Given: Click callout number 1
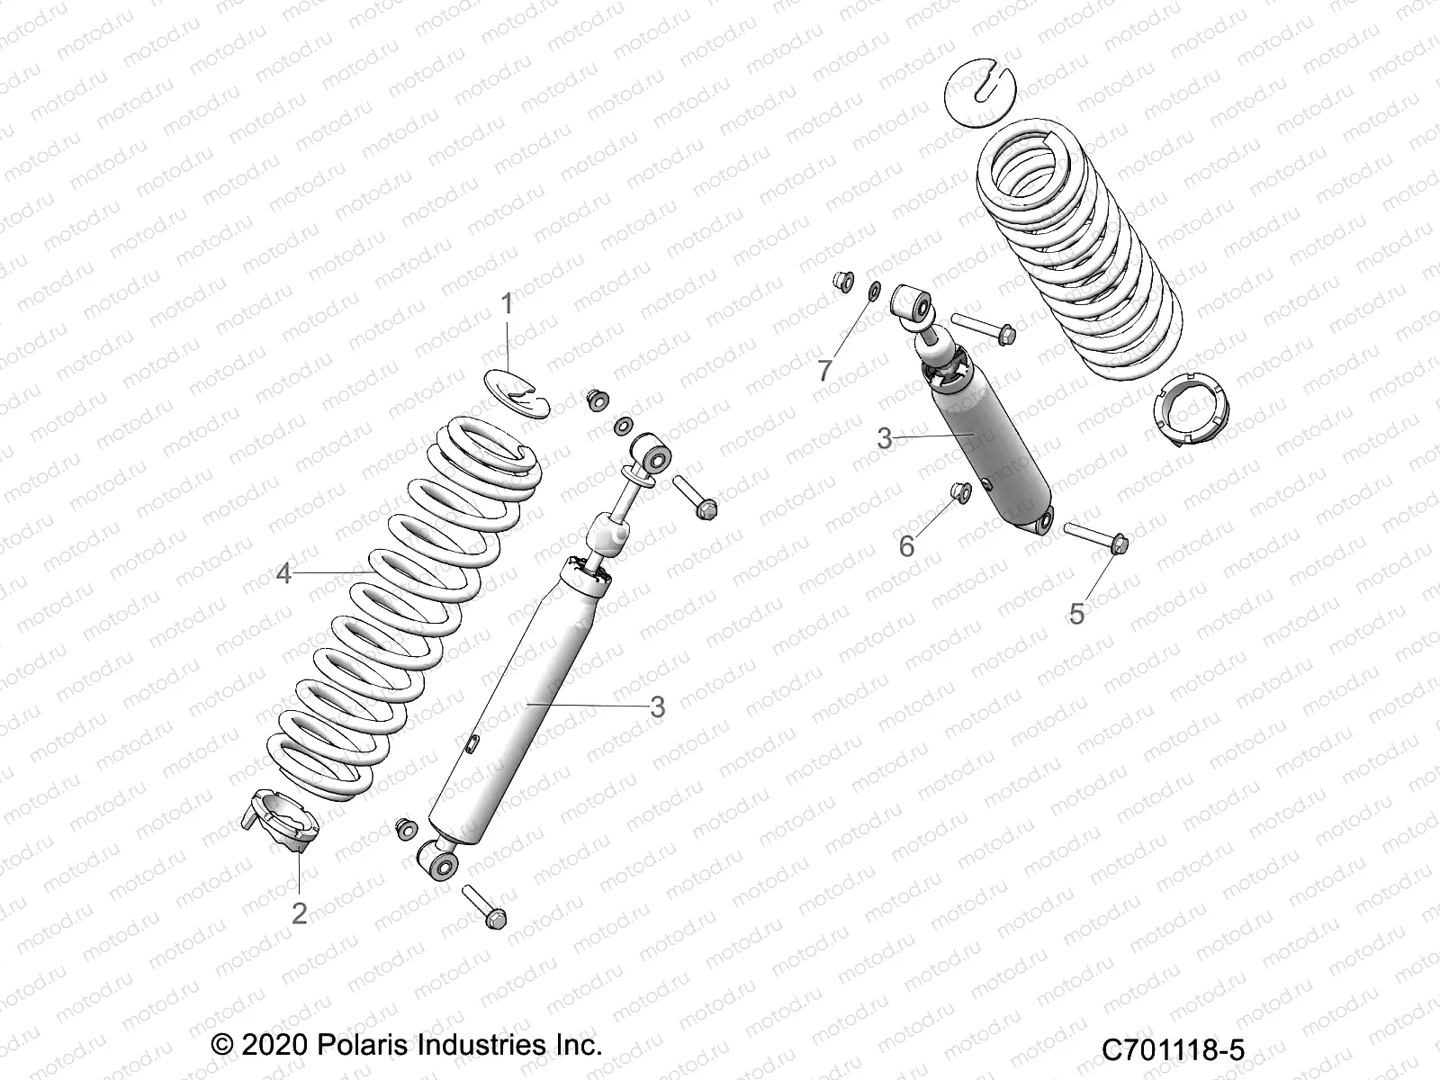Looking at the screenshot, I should pyautogui.click(x=507, y=304).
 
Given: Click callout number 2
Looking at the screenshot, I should pyautogui.click(x=299, y=913).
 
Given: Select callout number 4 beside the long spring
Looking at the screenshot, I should pyautogui.click(x=284, y=573).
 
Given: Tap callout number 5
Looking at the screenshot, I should pyautogui.click(x=1077, y=614).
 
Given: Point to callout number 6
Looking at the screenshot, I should pyautogui.click(x=907, y=545).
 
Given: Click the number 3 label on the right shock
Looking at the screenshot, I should pyautogui.click(x=885, y=439).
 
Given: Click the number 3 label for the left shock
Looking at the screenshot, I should pyautogui.click(x=657, y=707).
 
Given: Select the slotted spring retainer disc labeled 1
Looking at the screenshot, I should pyautogui.click(x=526, y=389).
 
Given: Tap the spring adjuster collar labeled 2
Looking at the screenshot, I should pyautogui.click(x=286, y=817).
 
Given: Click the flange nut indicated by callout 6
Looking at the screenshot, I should pyautogui.click(x=959, y=491).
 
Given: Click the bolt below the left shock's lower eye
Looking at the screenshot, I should pyautogui.click(x=485, y=906).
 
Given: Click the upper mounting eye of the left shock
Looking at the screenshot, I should pyautogui.click(x=650, y=451).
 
